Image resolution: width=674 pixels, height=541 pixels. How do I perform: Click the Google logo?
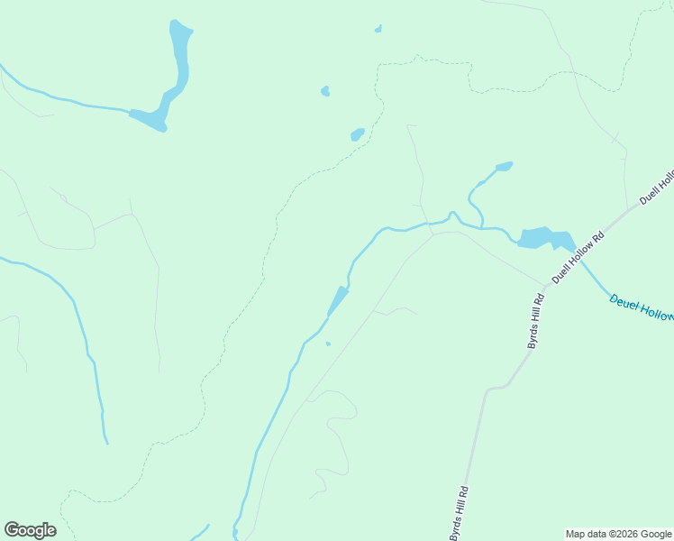click(30, 530)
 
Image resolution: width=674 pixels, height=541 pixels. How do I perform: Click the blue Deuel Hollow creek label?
click(641, 307)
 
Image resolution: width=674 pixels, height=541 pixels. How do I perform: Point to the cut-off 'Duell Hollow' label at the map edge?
click(657, 185)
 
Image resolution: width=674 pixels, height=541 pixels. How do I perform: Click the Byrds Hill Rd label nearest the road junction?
click(535, 321)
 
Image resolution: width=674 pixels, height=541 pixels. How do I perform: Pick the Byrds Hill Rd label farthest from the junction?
click(460, 513)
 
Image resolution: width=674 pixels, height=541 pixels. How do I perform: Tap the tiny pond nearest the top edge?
click(378, 29)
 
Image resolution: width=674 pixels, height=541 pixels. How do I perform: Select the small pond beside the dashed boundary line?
click(358, 135)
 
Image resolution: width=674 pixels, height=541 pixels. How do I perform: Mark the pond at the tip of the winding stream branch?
click(504, 166)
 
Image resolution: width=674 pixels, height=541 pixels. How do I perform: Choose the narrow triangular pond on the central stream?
click(338, 300)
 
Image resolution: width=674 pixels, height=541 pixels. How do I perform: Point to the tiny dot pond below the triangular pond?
click(328, 344)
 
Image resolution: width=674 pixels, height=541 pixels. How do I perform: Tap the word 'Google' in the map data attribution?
click(655, 534)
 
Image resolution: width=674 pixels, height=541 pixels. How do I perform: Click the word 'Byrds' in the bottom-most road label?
click(456, 527)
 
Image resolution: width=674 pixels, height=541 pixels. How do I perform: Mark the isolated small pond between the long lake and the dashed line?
click(325, 91)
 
